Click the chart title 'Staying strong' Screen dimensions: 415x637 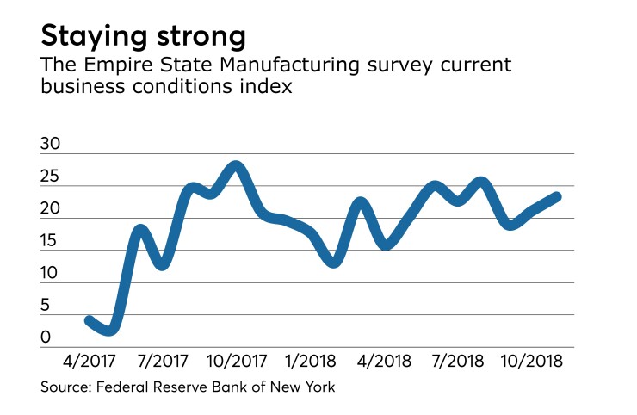tap(143, 37)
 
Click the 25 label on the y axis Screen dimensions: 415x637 tap(50, 177)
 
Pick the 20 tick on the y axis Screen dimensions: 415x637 tap(50, 209)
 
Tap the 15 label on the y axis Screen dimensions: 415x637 tap(50, 241)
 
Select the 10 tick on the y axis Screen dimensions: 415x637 tap(50, 274)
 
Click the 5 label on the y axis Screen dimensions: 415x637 tap(46, 306)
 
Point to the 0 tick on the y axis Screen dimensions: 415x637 tap(46, 338)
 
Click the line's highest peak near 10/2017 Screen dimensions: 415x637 tap(237, 165)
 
